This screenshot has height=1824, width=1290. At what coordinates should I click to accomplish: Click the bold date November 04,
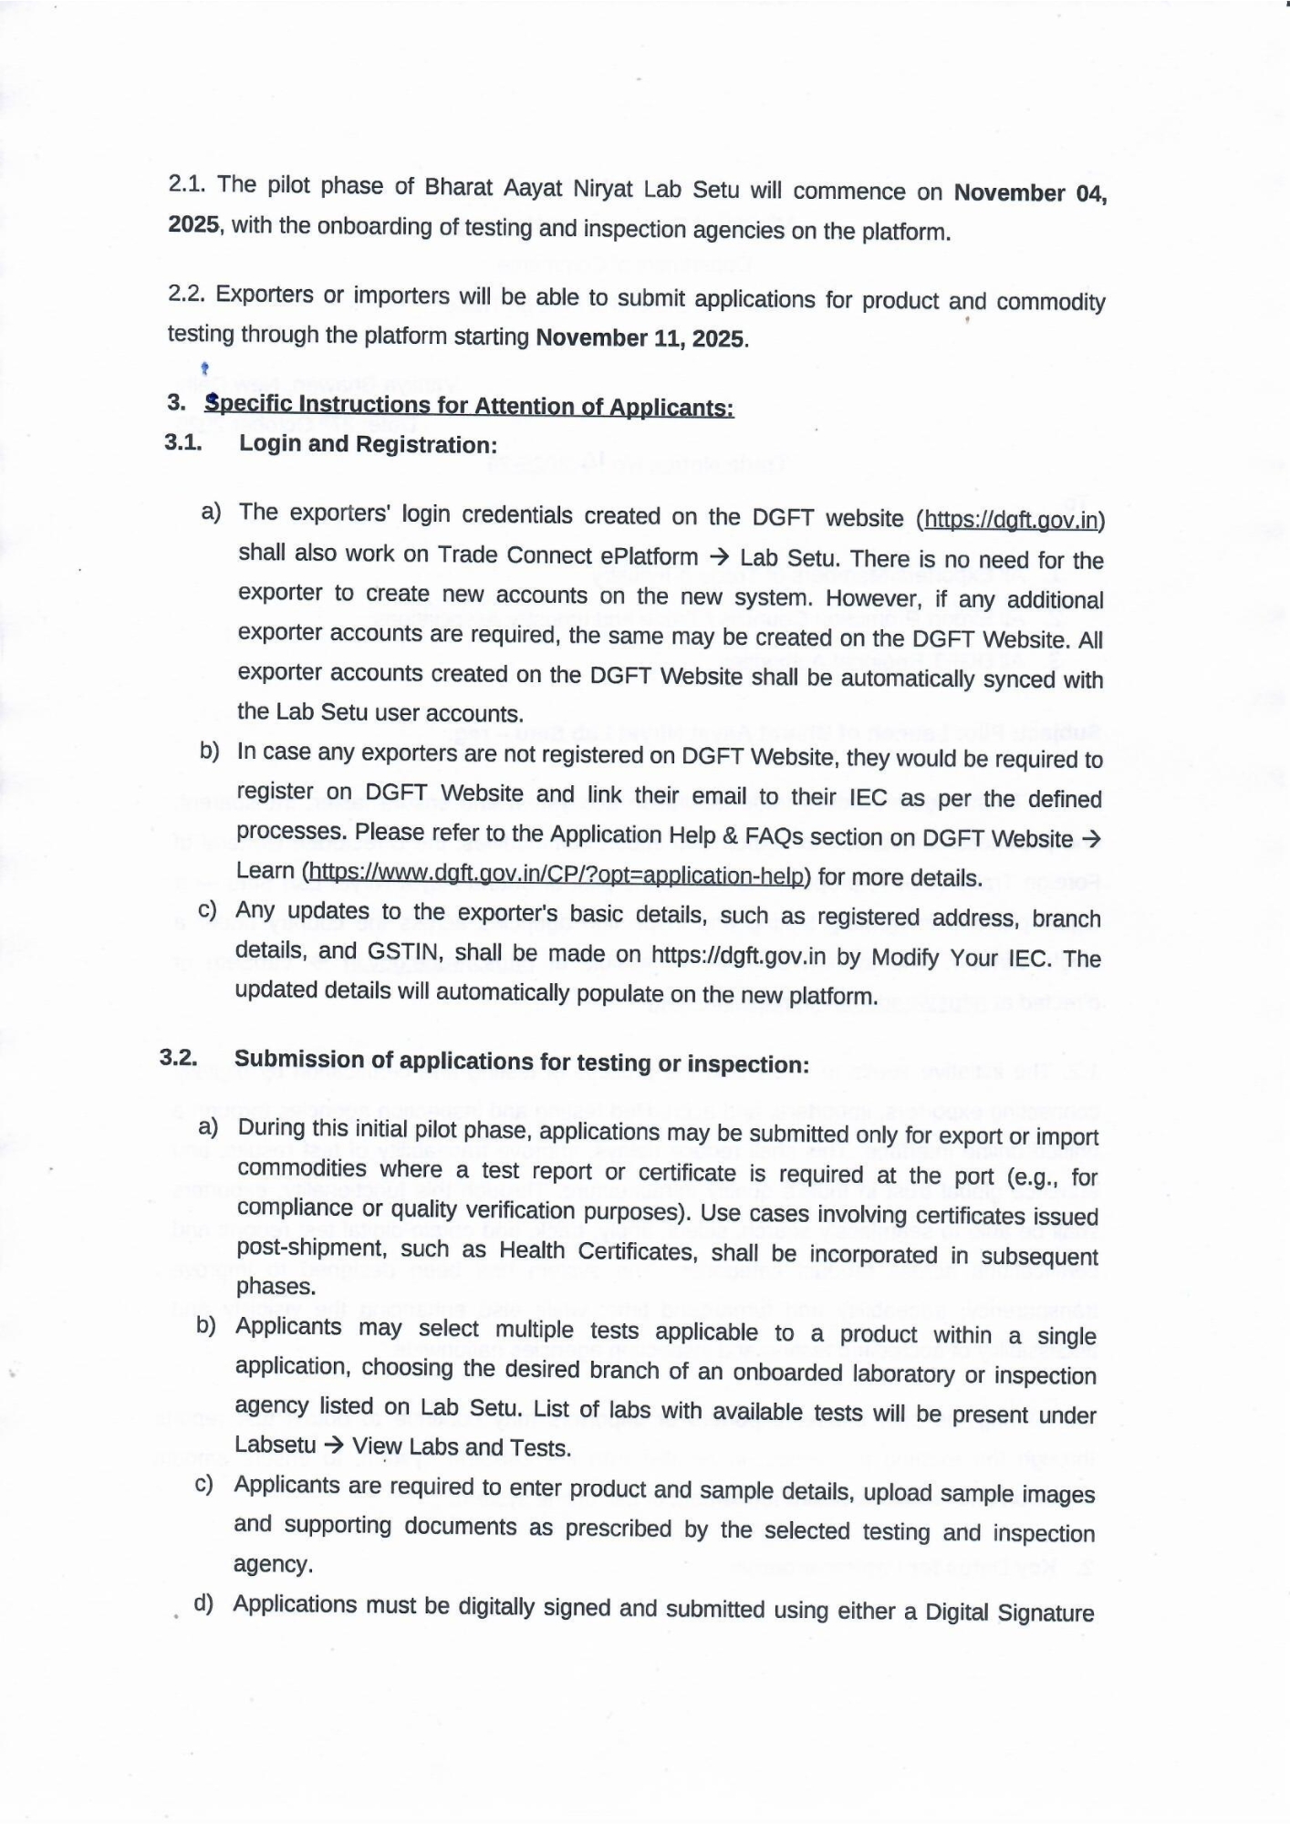pyautogui.click(x=1029, y=193)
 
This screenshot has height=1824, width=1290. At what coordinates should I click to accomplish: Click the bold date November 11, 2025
pyautogui.click(x=641, y=338)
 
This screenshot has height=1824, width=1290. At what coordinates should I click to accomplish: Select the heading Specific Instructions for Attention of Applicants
pyautogui.click(x=469, y=405)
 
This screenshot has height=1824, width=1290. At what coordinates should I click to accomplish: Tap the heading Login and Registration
pyautogui.click(x=368, y=444)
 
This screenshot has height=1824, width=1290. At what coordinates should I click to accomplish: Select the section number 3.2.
pyautogui.click(x=178, y=1057)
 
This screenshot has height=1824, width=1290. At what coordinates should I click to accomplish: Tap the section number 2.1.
pyautogui.click(x=186, y=183)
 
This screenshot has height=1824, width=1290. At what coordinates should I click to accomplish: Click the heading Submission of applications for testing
pyautogui.click(x=521, y=1062)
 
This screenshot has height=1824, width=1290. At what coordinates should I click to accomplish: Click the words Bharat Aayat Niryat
pyautogui.click(x=528, y=188)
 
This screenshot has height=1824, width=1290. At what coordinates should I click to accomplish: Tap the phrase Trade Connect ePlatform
pyautogui.click(x=567, y=555)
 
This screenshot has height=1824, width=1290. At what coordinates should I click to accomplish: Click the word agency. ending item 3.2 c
pyautogui.click(x=273, y=1565)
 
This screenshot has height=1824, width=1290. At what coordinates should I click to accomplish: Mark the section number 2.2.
pyautogui.click(x=186, y=294)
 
